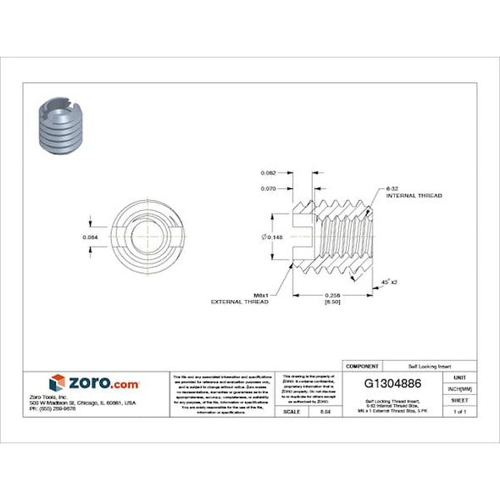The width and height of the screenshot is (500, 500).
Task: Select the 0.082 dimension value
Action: (269, 172)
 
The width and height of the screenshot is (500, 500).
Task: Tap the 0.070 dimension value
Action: (269, 188)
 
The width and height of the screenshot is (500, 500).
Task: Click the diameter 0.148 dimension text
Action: (272, 236)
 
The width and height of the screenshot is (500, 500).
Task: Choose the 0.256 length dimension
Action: (333, 294)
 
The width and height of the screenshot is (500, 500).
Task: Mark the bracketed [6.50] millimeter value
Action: (333, 302)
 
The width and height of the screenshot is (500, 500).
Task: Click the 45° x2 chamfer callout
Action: (390, 281)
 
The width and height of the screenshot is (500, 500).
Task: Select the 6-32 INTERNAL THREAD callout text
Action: (413, 192)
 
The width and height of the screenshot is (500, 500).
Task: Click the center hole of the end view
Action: (142, 236)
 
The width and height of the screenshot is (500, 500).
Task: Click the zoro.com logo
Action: (93, 382)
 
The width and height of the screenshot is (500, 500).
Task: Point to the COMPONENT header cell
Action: (362, 366)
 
